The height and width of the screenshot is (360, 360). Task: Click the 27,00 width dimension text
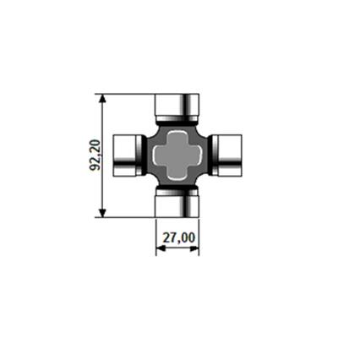pyautogui.click(x=178, y=239)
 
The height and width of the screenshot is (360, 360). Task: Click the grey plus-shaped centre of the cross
pyautogui.click(x=178, y=155)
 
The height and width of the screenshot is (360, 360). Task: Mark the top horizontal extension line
pyautogui.click(x=127, y=94)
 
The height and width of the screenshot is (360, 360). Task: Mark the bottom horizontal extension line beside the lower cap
pyautogui.click(x=127, y=217)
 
